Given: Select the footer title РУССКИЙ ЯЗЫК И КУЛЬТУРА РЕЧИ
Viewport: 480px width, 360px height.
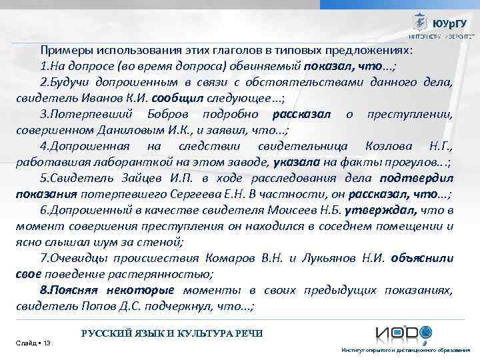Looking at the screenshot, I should click(x=172, y=333).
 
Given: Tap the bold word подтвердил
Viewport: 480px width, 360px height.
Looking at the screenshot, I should click(x=417, y=178).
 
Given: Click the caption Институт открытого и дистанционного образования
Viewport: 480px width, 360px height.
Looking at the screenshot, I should click(x=406, y=350).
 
